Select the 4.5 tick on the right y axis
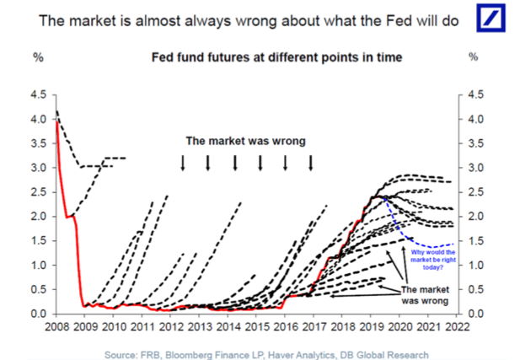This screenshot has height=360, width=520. click(x=475, y=95)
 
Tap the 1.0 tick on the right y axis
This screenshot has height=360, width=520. click(x=475, y=266)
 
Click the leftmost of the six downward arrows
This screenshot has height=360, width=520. click(x=183, y=162)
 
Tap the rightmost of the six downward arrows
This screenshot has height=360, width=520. click(x=311, y=162)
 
